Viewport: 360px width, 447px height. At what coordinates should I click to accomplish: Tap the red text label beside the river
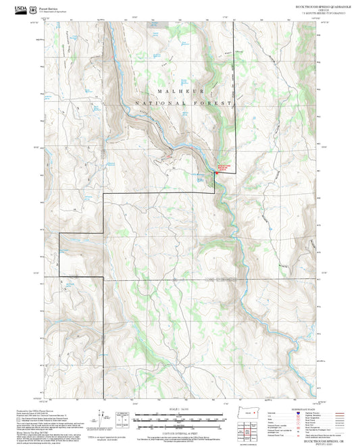click(x=224, y=167)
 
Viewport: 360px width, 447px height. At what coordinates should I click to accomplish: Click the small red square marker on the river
click(x=216, y=173)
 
